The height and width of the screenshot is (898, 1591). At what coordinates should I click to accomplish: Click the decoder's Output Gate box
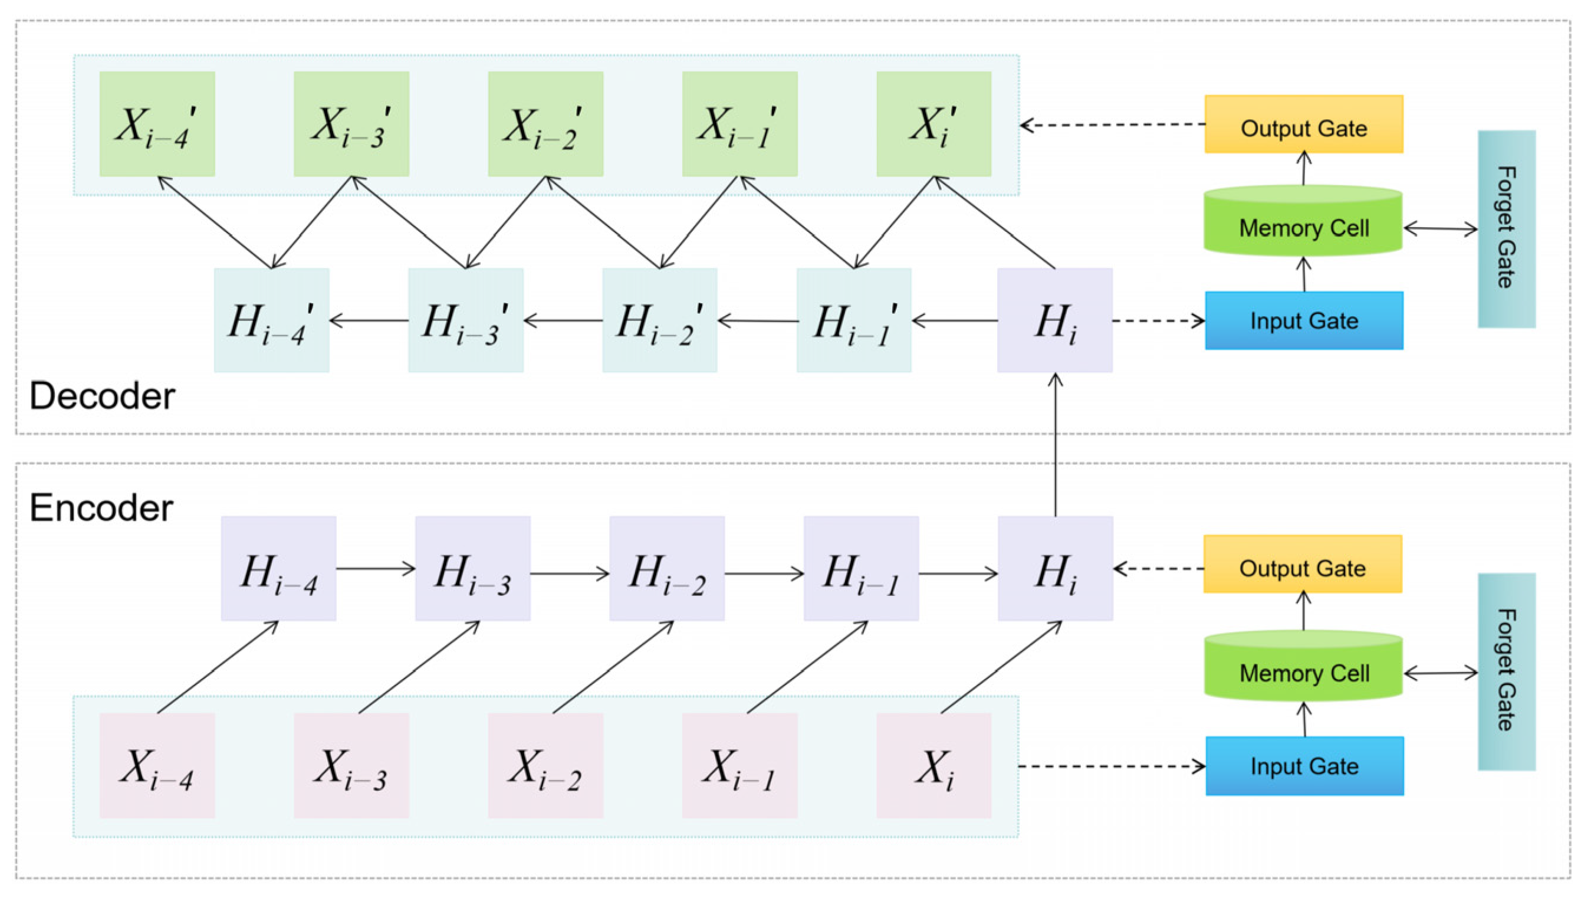coord(1303,124)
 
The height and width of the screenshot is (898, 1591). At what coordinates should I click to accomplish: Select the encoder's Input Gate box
coord(1304,766)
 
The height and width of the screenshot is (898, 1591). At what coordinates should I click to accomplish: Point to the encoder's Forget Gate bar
coord(1505,671)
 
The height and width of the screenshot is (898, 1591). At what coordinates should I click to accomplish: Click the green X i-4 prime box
coord(157,123)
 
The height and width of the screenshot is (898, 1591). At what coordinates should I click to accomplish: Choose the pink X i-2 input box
coord(545,765)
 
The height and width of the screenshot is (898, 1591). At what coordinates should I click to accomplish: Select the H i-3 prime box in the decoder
coord(466,320)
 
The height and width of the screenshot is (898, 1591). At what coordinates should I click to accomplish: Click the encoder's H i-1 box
coord(861,569)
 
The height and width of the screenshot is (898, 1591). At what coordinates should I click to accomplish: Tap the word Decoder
coord(102,395)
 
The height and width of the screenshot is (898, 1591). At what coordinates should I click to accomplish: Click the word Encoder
coord(101,508)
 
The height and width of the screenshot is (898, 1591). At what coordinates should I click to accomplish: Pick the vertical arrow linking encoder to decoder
coord(1055,445)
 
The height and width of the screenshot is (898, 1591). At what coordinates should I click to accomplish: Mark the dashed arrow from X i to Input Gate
coord(1112,766)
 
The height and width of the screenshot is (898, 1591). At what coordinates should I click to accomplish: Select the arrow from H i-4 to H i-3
coord(376,568)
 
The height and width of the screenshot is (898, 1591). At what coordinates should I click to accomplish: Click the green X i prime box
coord(933,123)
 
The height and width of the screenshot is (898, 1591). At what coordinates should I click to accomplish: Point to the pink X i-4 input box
coord(157,765)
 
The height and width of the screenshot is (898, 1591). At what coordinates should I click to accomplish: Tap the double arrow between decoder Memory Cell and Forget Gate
coord(1440,229)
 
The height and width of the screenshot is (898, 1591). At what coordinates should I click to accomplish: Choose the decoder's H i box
coord(1054,320)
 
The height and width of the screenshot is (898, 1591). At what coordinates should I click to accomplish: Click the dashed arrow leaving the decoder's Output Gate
coord(1112,125)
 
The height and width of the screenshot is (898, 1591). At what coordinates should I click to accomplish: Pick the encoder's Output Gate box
coord(1303,564)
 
